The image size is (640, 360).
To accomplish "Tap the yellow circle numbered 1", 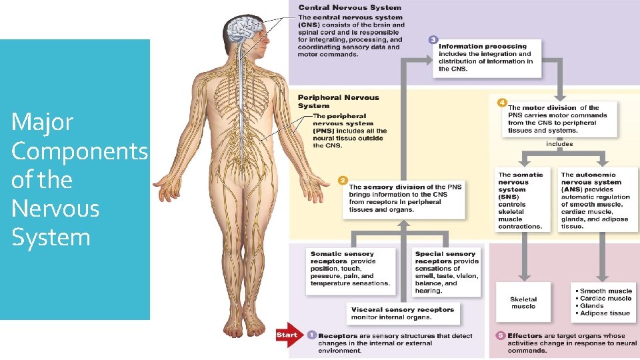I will tap(311, 335).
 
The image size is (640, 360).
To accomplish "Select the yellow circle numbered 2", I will tap(343, 180).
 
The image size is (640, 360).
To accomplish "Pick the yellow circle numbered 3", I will tap(433, 40).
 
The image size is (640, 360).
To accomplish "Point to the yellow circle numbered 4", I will tap(502, 101).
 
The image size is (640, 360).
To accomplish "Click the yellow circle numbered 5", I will tap(501, 335).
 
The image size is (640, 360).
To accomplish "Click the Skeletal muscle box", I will tap(523, 303).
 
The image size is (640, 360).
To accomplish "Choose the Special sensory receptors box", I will tap(447, 272).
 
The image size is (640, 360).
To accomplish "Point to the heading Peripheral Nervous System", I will tap(338, 101).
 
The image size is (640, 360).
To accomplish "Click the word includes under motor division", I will tap(559, 143).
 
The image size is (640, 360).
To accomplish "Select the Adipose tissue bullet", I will tap(605, 313).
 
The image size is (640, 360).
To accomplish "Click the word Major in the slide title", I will tap(42, 123).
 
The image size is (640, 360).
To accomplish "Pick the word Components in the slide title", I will tap(79, 151).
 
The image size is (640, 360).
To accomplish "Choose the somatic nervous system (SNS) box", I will tap(521, 200).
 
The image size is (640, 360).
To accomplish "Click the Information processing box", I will tap(487, 57).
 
